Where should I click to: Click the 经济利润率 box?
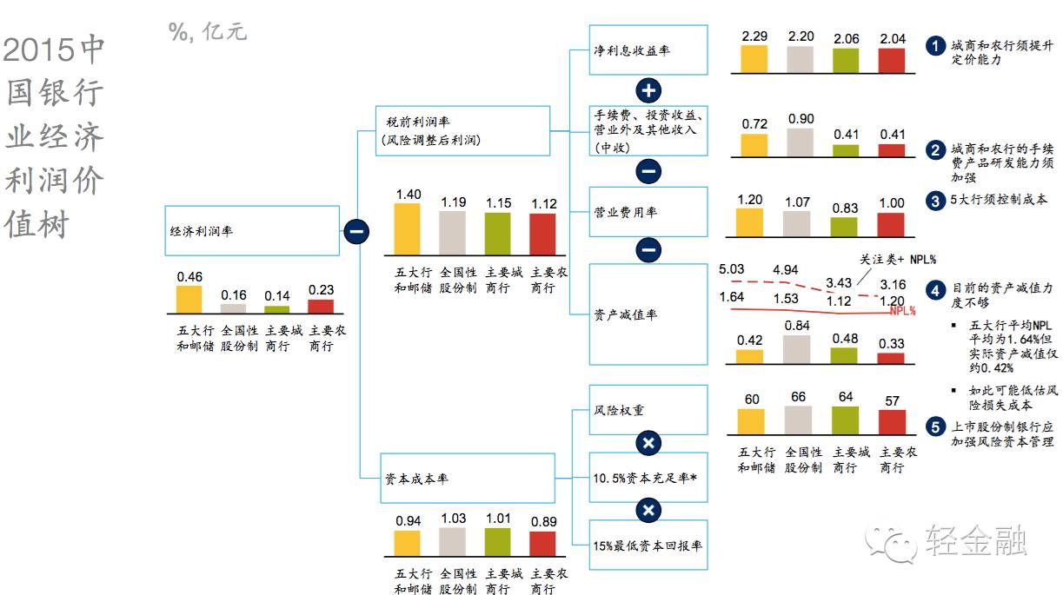pyautogui.click(x=252, y=231)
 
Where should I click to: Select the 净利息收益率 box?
pyautogui.click(x=648, y=50)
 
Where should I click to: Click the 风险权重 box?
pyautogui.click(x=648, y=408)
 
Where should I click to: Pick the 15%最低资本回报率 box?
pyautogui.click(x=648, y=545)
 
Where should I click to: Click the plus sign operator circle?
pyautogui.click(x=649, y=90)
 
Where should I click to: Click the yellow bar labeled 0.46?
pyautogui.click(x=189, y=299)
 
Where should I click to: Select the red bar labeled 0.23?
pyautogui.click(x=320, y=305)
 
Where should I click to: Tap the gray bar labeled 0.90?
pyautogui.click(x=800, y=142)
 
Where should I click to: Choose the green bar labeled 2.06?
pyautogui.click(x=845, y=60)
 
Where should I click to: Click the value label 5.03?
pyautogui.click(x=732, y=269)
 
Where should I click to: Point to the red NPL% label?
pyautogui.click(x=903, y=310)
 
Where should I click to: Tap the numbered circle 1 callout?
pyautogui.click(x=934, y=46)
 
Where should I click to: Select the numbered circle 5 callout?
pyautogui.click(x=934, y=426)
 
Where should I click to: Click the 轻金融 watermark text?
pyautogui.click(x=975, y=540)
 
